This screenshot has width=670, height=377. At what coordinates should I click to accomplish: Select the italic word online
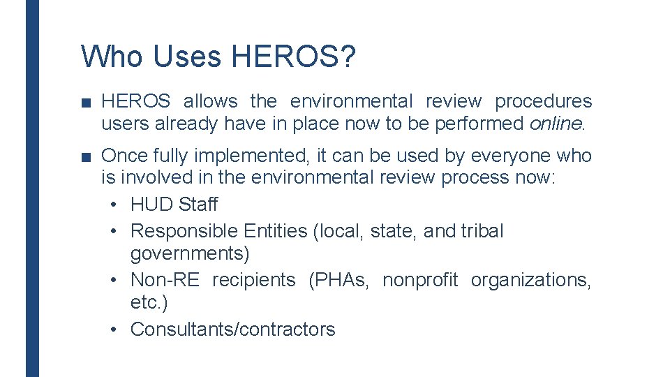pyautogui.click(x=556, y=124)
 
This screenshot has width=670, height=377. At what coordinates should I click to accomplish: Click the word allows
pyautogui.click(x=210, y=101)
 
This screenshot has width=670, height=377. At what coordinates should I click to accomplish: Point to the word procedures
pyautogui.click(x=543, y=101)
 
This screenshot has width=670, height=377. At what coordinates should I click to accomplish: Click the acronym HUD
pyautogui.click(x=151, y=205)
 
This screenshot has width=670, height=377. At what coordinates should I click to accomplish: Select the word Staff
pyautogui.click(x=198, y=205)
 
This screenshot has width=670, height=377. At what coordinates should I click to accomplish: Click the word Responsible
pyautogui.click(x=184, y=231)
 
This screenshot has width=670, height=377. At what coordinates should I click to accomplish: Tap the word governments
pyautogui.click(x=190, y=252)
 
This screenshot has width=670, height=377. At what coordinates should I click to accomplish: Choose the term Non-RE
pyautogui.click(x=165, y=280)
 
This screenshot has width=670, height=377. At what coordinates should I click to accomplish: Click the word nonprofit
pyautogui.click(x=420, y=280)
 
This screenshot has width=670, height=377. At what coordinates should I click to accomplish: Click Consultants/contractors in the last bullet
pyautogui.click(x=232, y=330)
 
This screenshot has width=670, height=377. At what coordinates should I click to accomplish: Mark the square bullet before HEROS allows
pyautogui.click(x=86, y=102)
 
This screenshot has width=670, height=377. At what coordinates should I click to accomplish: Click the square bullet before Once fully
pyautogui.click(x=86, y=156)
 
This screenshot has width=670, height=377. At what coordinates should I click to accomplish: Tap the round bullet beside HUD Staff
pyautogui.click(x=115, y=205)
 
